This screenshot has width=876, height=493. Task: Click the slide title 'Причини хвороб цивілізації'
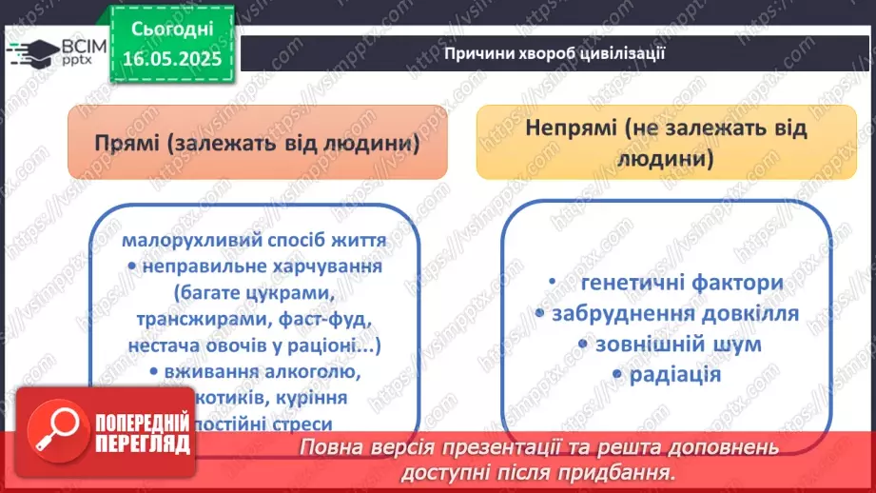(554, 53)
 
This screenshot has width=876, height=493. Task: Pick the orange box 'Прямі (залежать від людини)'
(258, 143)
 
